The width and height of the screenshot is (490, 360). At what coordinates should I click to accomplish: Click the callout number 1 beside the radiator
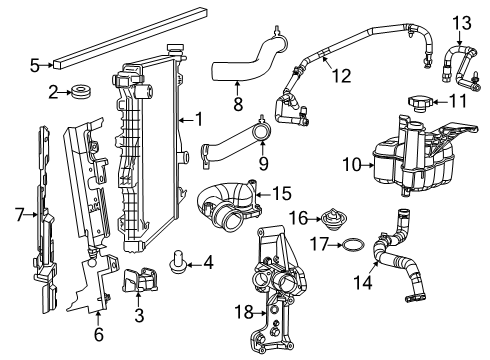199,119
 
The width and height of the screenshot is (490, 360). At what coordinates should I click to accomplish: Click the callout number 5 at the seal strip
34,66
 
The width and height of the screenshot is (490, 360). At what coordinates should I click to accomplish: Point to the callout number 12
341,75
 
